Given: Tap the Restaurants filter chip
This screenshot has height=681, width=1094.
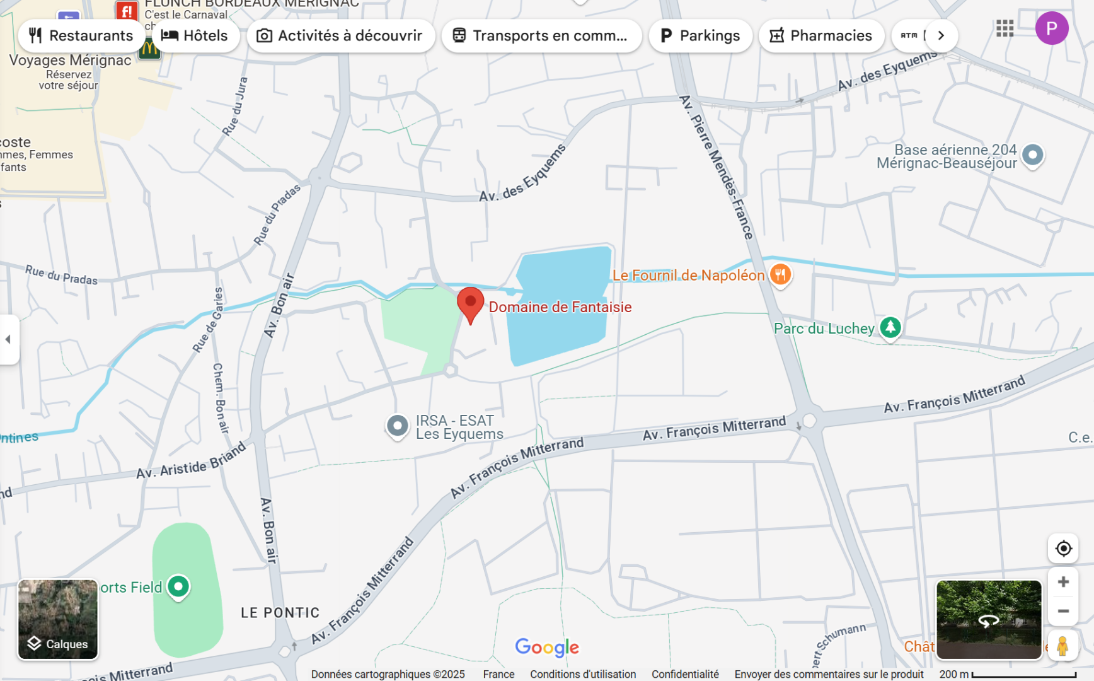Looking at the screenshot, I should pos(80,36).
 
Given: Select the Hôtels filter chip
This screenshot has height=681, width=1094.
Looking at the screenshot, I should pos(195,36).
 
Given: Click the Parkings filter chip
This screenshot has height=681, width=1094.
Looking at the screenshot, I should pos(700,36).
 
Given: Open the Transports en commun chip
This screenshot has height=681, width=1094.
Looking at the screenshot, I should pos(541,36).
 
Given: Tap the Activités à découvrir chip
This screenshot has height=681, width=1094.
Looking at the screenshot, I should pos(340,36).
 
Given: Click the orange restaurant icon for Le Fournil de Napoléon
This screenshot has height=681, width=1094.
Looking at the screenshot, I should pos(780,275).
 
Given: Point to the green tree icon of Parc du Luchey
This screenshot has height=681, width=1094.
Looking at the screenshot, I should pos(890,327).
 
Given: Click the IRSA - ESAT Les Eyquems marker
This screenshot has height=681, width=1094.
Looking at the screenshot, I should pos(398,426).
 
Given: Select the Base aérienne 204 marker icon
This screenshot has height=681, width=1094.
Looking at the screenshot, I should pos(1032,154).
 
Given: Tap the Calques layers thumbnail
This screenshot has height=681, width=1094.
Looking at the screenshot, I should pos(58,619).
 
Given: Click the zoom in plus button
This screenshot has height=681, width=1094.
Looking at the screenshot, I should pos(1063,582).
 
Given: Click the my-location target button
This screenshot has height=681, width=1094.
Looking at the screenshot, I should pos(1063,549).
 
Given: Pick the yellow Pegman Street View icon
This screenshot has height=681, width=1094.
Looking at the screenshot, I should pos(1062,646).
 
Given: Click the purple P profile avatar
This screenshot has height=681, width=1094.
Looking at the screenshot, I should pos(1051,28).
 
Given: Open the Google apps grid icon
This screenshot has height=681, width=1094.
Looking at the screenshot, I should pos(1005,28).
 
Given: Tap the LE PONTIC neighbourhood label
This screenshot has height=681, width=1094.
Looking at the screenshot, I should pos(280,613).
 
